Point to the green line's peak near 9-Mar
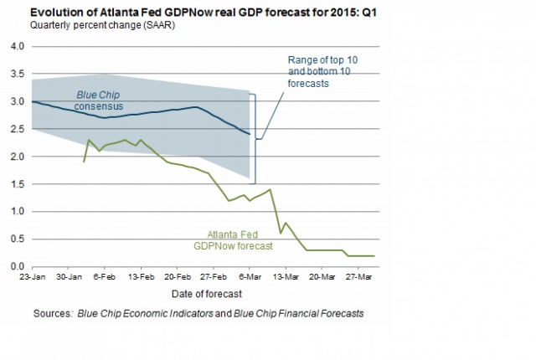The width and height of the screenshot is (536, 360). (x=269, y=189)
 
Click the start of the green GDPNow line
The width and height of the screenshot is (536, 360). (x=84, y=162)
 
